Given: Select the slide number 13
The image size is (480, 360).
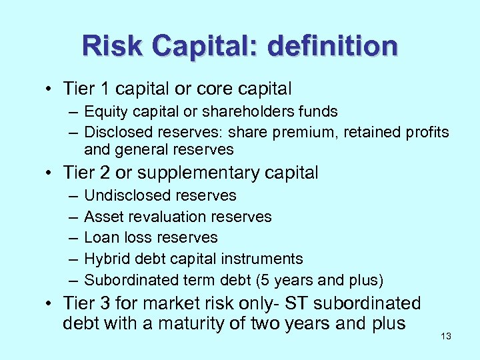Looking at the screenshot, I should pyautogui.click(x=446, y=336).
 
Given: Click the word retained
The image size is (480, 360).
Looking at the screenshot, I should pyautogui.click(x=373, y=132).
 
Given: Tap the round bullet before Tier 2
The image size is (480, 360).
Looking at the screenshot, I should pyautogui.click(x=50, y=173).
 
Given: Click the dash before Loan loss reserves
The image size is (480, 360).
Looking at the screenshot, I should pyautogui.click(x=71, y=237).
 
